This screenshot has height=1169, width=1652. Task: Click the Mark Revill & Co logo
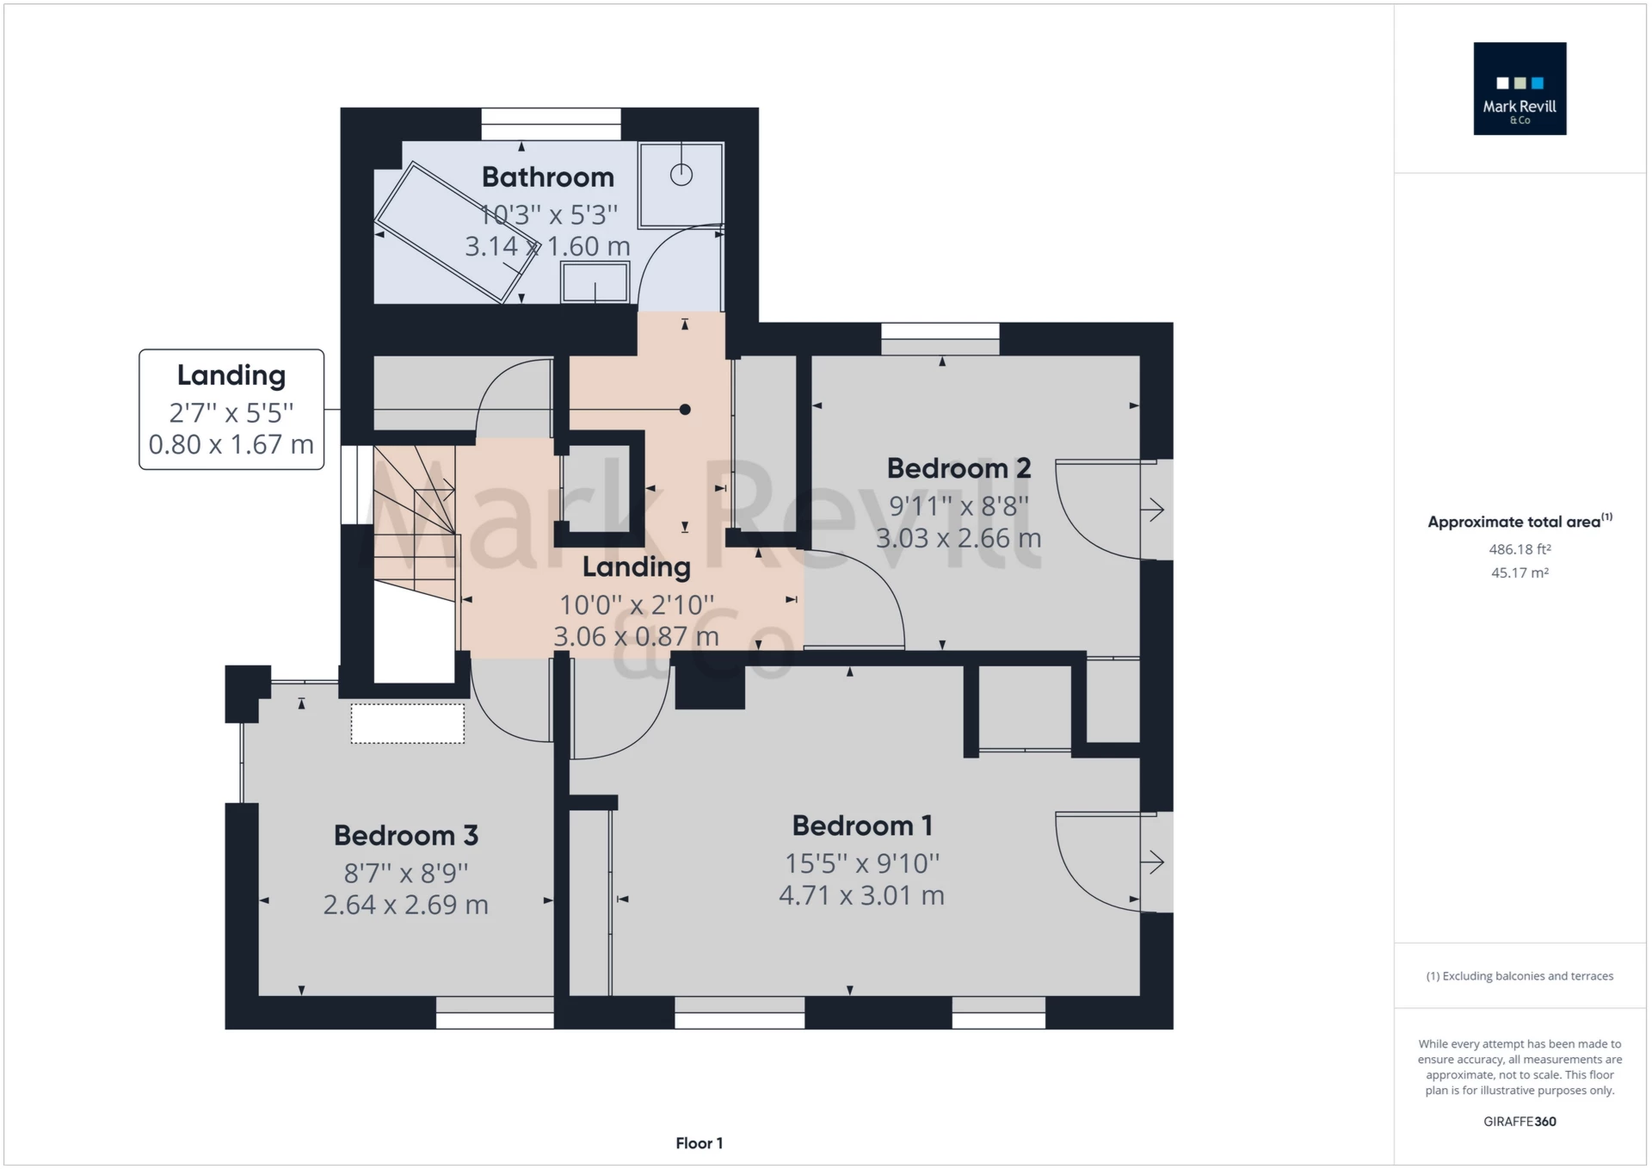click(x=1519, y=89)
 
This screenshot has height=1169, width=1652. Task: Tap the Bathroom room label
click(x=547, y=177)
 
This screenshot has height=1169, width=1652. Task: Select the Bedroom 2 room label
click(x=959, y=468)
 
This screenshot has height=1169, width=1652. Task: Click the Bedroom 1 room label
click(x=862, y=826)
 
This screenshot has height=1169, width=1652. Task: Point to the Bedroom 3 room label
click(x=405, y=835)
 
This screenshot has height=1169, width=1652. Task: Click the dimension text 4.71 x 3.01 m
click(x=861, y=895)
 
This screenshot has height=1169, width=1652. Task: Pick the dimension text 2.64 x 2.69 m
click(x=405, y=905)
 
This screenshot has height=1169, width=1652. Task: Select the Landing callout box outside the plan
click(x=231, y=410)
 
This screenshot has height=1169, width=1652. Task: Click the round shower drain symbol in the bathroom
click(x=681, y=175)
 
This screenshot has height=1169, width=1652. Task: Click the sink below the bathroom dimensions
click(x=595, y=282)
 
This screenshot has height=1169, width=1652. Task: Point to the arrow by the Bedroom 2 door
click(x=1153, y=510)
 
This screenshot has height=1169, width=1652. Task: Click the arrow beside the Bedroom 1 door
click(x=1153, y=862)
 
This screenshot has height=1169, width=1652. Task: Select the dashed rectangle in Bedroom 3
click(x=407, y=723)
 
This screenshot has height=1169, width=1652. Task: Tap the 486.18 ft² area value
click(x=1519, y=549)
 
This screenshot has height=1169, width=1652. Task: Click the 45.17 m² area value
click(x=1519, y=572)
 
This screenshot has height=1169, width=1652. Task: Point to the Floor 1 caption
click(x=699, y=1143)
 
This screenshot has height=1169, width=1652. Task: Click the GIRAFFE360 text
click(x=1519, y=1122)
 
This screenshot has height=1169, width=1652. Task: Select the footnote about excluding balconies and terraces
click(x=1519, y=976)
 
